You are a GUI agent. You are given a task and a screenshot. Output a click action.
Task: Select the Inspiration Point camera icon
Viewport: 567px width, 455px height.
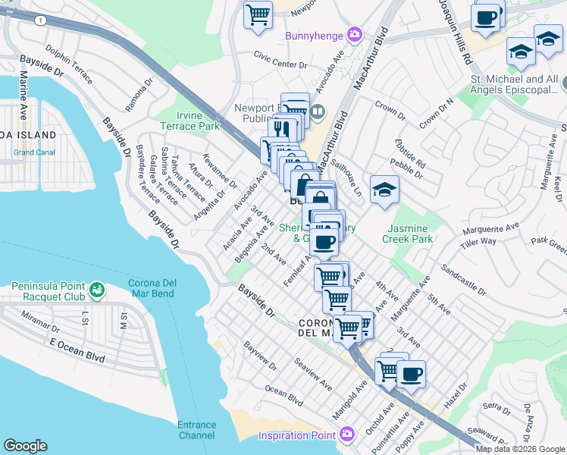(x=348, y=435)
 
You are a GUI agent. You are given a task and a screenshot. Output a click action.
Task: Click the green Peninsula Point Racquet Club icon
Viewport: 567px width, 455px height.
(x=96, y=289)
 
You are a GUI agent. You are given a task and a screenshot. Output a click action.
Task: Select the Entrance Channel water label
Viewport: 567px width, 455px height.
(x=196, y=430)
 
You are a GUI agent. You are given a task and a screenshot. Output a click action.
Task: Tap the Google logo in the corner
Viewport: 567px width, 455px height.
(x=26, y=446)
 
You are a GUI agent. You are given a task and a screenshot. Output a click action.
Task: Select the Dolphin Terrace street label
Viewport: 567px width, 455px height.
(x=69, y=64)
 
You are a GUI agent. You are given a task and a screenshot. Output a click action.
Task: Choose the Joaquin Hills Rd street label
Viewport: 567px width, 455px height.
(x=453, y=30)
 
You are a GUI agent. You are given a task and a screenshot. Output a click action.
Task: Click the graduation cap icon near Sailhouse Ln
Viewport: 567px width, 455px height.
(x=384, y=190)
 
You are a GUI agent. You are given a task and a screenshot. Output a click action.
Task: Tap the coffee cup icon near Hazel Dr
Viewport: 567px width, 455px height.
(x=411, y=374)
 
